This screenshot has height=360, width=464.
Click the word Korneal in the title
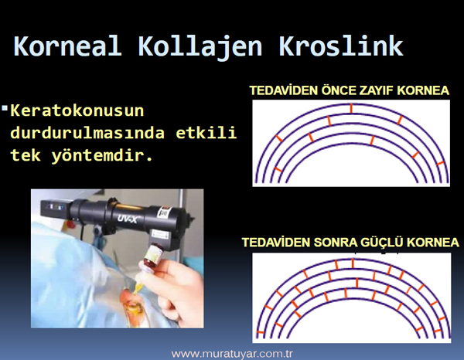[67, 46]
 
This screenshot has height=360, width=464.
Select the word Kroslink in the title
[341, 46]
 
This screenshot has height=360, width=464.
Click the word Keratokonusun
[77, 110]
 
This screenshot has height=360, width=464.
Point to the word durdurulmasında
[87, 132]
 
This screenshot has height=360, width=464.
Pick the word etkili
[206, 132]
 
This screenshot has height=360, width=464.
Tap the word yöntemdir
[102, 155]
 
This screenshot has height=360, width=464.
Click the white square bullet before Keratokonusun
[5, 107]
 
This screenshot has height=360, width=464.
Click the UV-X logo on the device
[127, 219]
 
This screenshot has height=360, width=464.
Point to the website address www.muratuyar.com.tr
[232, 354]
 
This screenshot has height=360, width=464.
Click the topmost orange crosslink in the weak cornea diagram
[351, 108]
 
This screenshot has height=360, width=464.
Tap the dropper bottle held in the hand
[152, 258]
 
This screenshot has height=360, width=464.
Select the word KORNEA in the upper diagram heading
[423, 90]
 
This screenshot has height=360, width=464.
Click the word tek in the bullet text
[26, 155]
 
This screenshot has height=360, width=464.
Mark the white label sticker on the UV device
[164, 212]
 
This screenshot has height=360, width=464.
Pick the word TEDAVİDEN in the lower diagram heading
[276, 243]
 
